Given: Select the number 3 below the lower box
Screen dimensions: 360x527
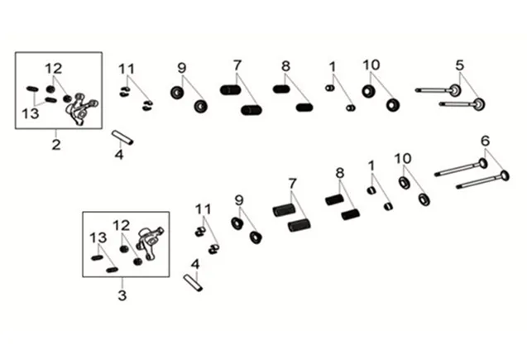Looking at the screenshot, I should (x=122, y=295).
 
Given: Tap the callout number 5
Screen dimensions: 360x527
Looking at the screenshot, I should (x=459, y=65).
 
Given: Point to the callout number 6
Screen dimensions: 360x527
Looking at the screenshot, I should (x=485, y=140).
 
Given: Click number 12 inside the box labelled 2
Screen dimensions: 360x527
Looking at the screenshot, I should (x=54, y=67).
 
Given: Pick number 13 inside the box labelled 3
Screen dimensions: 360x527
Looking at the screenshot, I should (x=98, y=238).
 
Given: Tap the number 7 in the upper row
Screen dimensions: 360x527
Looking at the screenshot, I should (x=237, y=65).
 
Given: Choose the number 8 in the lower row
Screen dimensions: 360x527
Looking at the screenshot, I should (x=338, y=173).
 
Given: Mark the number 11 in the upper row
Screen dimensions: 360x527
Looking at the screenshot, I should (x=126, y=68).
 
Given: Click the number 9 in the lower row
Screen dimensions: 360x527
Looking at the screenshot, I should (x=239, y=199).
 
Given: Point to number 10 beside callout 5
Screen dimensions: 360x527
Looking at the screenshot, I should (x=371, y=65).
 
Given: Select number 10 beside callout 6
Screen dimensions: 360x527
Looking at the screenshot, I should (x=402, y=158).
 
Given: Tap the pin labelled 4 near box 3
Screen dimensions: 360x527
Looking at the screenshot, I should (x=192, y=282).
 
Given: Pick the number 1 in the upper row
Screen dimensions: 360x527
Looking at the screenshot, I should (x=333, y=65).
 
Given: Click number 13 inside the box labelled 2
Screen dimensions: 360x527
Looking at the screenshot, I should (x=31, y=113).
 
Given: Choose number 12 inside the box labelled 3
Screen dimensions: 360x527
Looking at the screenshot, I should (x=121, y=225).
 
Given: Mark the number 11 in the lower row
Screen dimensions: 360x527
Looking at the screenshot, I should (x=204, y=207).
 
